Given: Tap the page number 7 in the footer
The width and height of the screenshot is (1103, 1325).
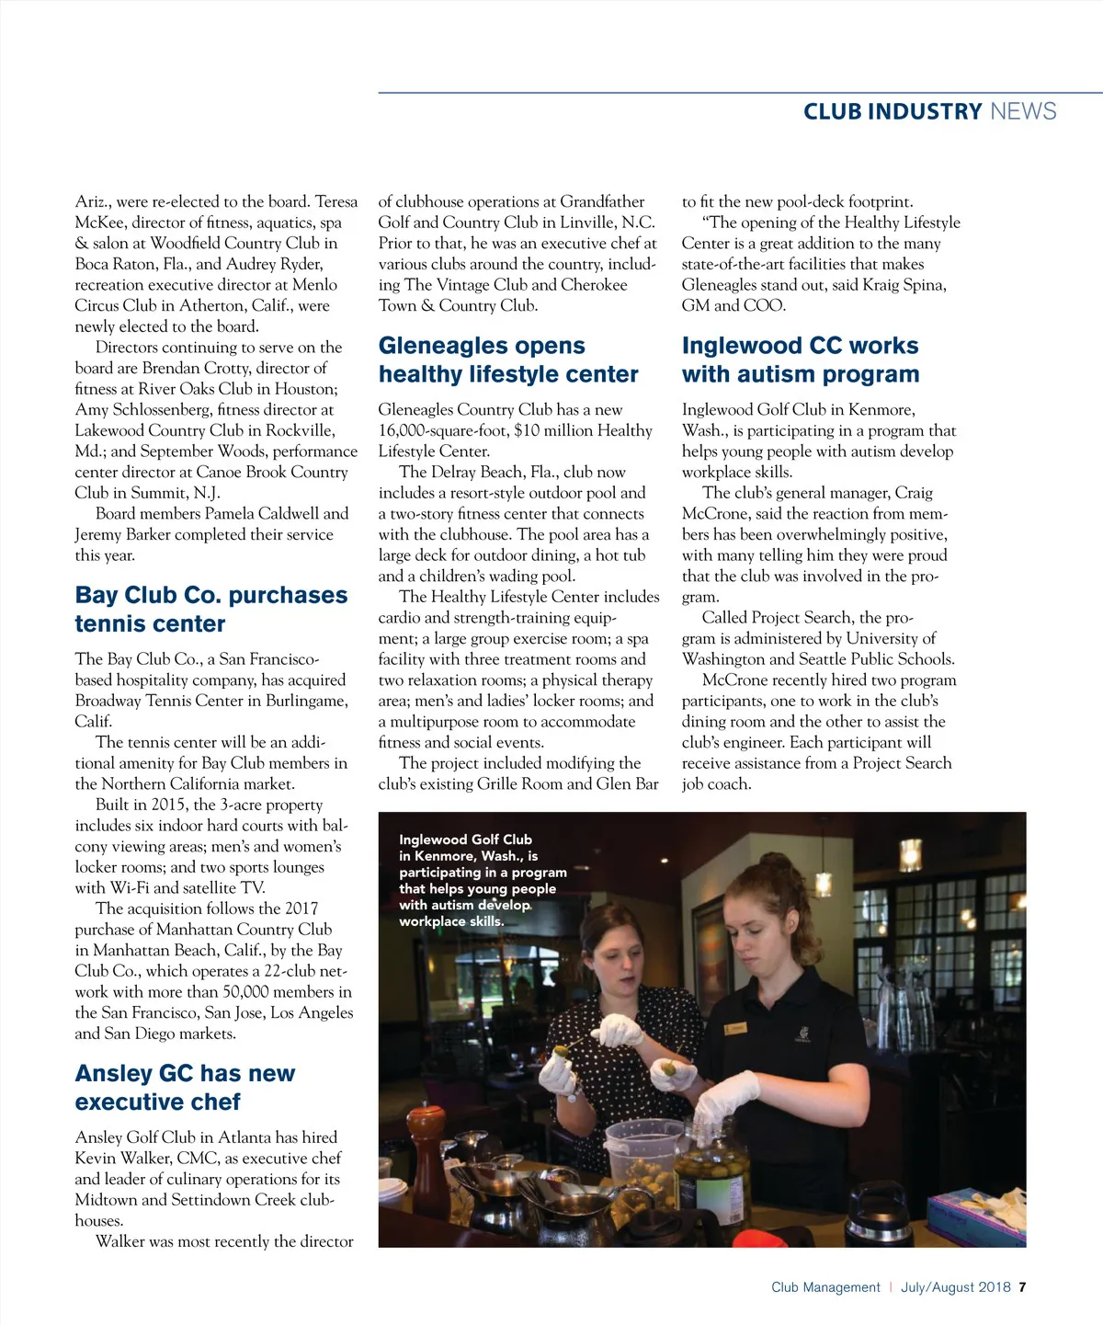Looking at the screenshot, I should (x=1022, y=1287).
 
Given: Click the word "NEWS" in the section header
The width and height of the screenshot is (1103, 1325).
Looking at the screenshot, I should (x=1023, y=111).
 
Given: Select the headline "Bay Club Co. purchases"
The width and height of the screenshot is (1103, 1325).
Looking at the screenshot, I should (x=211, y=596).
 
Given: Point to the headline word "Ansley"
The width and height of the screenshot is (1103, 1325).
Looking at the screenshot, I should (x=113, y=1074).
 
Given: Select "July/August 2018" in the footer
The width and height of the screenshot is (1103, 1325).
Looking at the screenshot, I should (x=955, y=1287).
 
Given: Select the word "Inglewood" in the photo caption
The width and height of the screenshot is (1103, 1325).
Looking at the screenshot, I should (x=432, y=840).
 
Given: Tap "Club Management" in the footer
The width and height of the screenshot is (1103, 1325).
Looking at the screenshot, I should (x=825, y=1287).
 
